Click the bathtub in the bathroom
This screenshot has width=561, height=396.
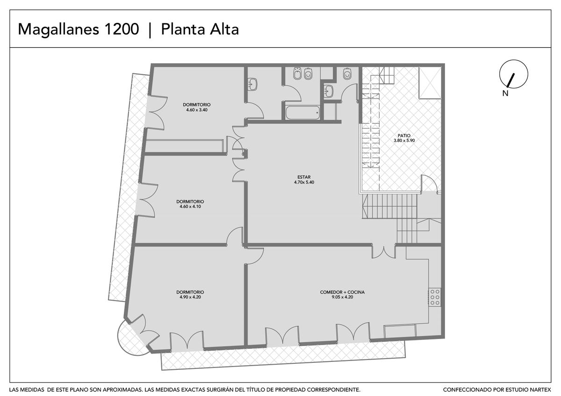click(x=302, y=113)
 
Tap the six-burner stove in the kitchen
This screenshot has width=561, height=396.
click(x=435, y=297)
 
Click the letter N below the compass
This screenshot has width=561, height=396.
click(x=505, y=93)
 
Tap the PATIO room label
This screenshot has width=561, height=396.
click(x=404, y=135)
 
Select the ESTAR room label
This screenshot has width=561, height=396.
click(x=304, y=177)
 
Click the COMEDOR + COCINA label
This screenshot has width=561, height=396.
click(x=342, y=292)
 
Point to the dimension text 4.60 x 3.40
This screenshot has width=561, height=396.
click(x=197, y=110)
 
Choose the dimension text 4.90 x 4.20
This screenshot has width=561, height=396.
click(x=190, y=297)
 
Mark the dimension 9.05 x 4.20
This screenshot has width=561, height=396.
click(x=342, y=297)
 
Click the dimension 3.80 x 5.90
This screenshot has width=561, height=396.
click(x=404, y=141)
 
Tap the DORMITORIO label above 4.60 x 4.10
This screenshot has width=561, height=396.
click(x=190, y=201)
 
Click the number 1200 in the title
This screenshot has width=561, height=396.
click(x=122, y=29)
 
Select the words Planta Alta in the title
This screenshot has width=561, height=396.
click(x=200, y=29)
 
